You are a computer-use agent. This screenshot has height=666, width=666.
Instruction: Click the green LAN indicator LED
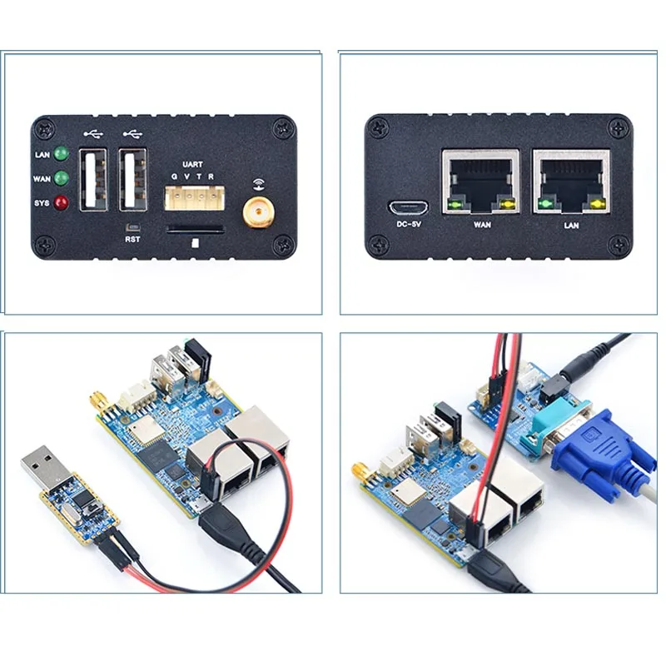[x=61, y=154]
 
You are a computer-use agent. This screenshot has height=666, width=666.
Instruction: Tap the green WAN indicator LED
[x=61, y=178]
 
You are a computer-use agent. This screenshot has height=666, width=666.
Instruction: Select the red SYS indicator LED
[x=61, y=202]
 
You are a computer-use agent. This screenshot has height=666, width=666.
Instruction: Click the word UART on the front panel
[x=191, y=165]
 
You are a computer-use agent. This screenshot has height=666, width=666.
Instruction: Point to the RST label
[x=132, y=240]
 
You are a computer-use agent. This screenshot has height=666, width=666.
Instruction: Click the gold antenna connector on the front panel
[x=259, y=213]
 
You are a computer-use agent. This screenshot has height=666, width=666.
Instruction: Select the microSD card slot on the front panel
[x=194, y=229]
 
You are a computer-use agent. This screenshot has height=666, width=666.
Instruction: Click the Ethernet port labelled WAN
[x=481, y=181]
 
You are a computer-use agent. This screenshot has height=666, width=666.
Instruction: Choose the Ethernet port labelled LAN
[x=571, y=181]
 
